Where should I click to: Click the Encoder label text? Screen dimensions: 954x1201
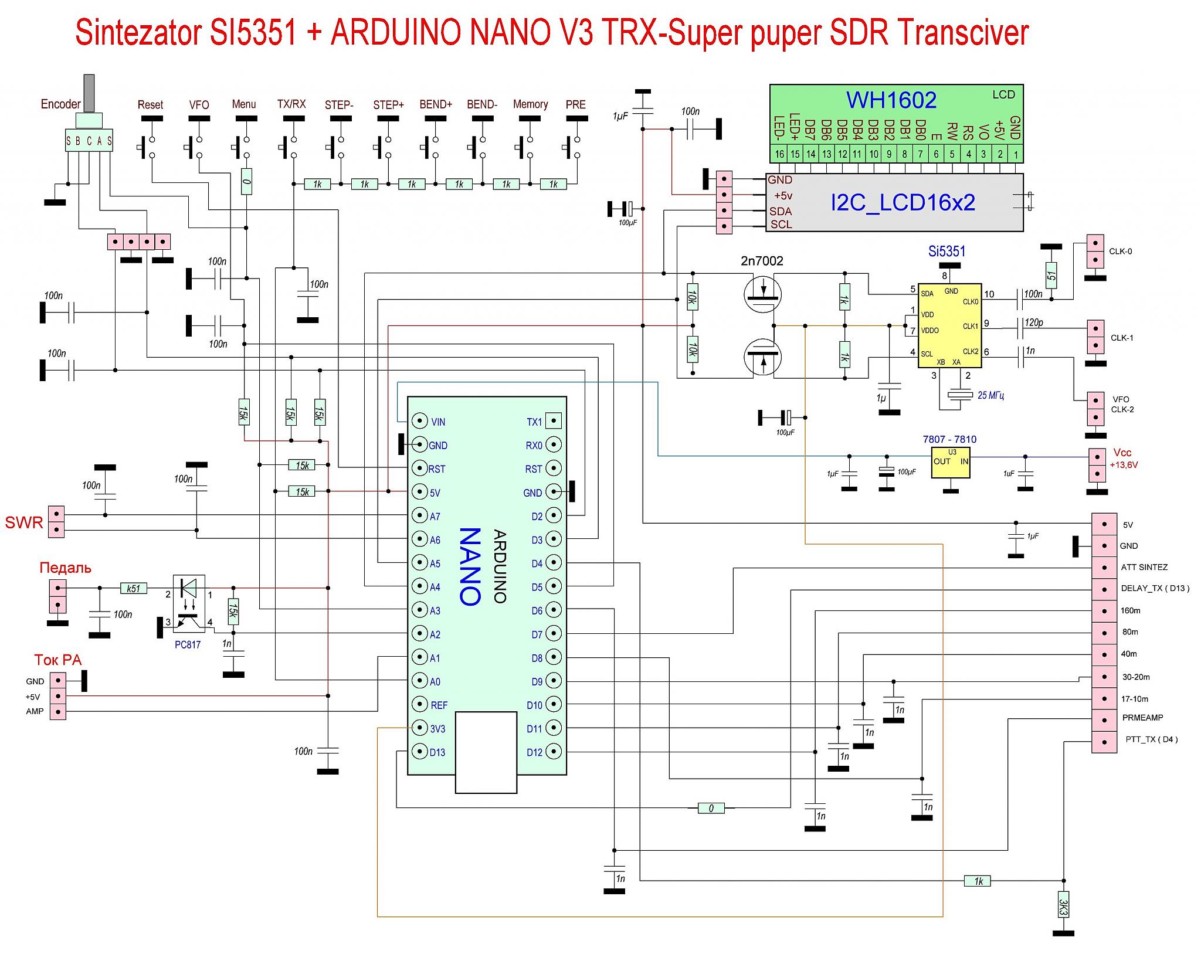[60, 104]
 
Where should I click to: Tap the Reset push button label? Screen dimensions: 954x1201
[150, 105]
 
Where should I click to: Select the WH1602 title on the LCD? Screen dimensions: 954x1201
[891, 100]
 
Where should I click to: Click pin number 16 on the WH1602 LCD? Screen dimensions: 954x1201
[779, 155]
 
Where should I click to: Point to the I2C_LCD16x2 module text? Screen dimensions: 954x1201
[903, 203]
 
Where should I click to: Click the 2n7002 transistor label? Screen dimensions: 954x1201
[762, 261]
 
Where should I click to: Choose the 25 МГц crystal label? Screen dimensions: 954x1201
[991, 396]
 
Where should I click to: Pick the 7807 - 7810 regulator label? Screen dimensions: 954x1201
[949, 439]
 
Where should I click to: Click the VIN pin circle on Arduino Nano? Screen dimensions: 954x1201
[419, 421]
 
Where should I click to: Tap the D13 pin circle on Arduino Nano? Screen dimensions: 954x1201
[419, 752]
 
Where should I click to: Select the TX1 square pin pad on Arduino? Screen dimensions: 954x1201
[554, 421]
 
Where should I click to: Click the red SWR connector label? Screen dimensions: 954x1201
[24, 522]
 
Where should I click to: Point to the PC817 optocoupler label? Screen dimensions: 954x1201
[188, 645]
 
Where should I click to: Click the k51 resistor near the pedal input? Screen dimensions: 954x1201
[134, 588]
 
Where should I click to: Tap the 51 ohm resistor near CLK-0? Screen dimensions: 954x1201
[1051, 275]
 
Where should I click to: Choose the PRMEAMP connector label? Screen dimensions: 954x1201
[1142, 718]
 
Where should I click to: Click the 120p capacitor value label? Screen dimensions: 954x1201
[1034, 322]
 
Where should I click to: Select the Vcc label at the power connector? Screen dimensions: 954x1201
[1122, 453]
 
